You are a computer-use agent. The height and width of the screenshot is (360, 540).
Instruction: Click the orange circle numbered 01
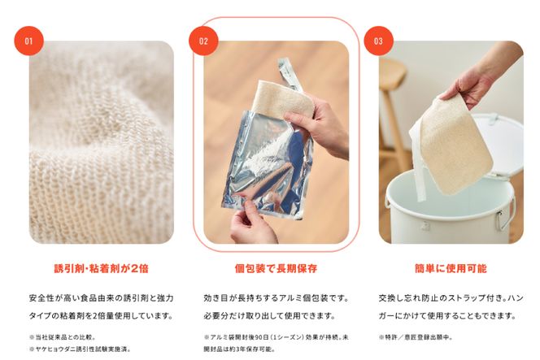click(29, 41)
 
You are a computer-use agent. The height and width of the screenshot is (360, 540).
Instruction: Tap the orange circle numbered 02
click(203, 41)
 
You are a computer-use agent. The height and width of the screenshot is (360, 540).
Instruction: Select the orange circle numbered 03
click(378, 41)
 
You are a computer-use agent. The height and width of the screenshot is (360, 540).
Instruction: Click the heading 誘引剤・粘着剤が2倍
click(101, 268)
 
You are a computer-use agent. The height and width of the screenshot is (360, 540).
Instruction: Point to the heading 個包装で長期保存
click(276, 268)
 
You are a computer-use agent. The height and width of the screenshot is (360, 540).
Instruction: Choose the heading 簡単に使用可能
click(451, 268)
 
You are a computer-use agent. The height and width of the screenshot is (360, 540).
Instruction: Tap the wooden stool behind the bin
click(393, 114)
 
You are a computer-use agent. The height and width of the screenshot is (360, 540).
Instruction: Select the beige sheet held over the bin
click(455, 145)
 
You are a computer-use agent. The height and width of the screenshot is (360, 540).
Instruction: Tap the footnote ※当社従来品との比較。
click(63, 337)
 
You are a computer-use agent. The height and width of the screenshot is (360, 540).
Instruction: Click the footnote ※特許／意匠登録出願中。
click(416, 337)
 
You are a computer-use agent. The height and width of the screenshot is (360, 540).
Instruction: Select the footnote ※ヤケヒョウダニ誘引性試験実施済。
click(80, 349)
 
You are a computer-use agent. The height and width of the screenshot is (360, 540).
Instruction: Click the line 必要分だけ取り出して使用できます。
click(269, 315)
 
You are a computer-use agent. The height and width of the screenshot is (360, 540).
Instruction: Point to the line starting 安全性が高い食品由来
click(101, 298)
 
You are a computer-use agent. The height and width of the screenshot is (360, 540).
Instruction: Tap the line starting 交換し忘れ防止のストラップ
click(451, 298)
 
